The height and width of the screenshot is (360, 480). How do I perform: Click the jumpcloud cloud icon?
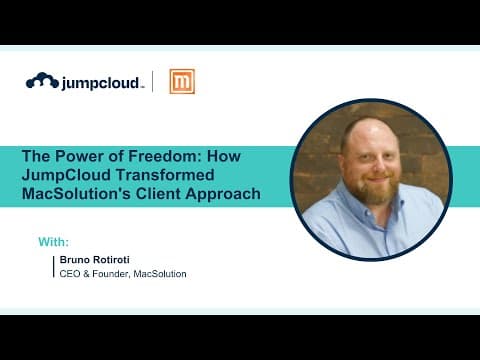click(42, 80)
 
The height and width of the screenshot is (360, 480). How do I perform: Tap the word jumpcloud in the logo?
click(100, 83)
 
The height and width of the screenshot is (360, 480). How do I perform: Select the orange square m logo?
click(182, 81)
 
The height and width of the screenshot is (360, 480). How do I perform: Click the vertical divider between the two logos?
click(153, 81)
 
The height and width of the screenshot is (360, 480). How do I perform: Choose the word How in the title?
click(224, 156)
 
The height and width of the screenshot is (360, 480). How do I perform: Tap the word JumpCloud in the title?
click(66, 176)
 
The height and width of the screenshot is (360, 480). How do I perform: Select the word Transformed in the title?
click(165, 175)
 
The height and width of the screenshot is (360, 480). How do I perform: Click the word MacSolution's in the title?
click(76, 194)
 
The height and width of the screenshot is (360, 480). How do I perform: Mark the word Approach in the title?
click(223, 194)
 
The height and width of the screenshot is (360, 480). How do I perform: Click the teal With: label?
click(54, 242)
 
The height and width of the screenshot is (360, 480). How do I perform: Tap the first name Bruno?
click(75, 260)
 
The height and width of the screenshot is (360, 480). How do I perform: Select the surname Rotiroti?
click(111, 260)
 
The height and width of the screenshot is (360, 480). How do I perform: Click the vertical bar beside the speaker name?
click(53, 267)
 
